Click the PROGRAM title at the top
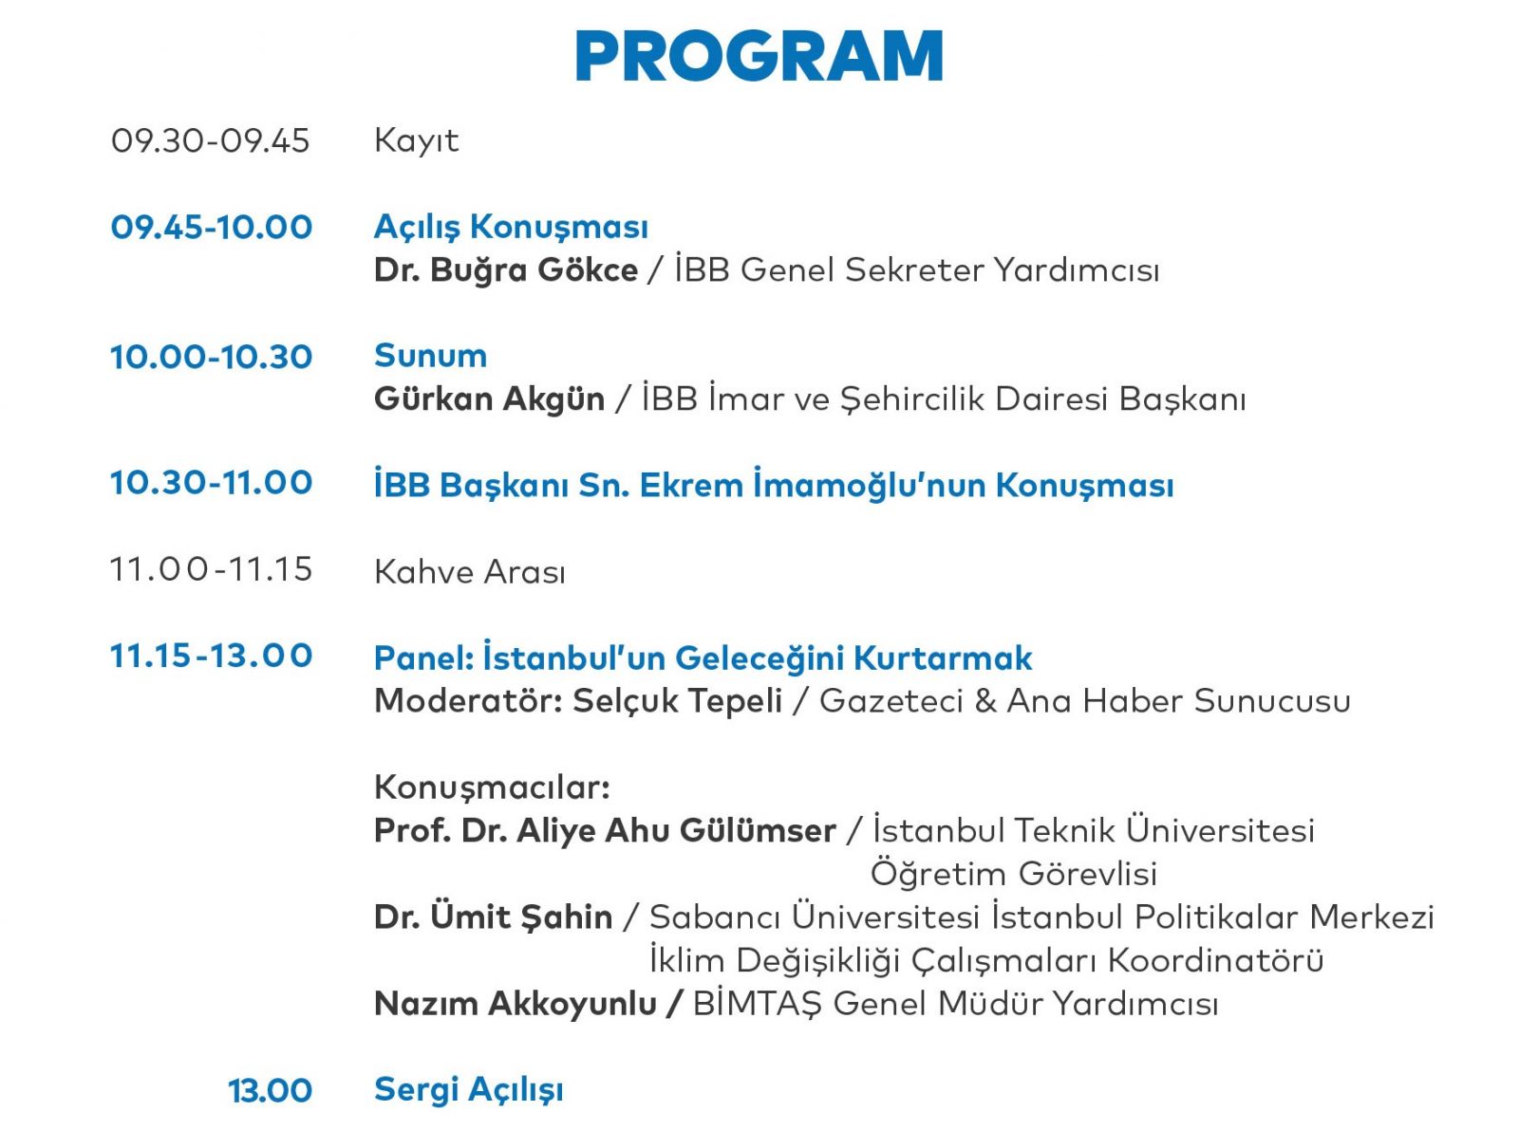click(759, 55)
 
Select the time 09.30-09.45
click(210, 140)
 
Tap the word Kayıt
click(417, 141)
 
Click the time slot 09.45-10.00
click(211, 227)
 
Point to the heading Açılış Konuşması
click(511, 228)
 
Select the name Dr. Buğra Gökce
click(506, 269)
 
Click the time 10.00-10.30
click(211, 357)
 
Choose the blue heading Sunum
click(431, 356)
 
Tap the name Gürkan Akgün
click(490, 399)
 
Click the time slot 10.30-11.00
click(211, 483)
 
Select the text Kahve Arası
click(470, 572)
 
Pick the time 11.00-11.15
click(211, 569)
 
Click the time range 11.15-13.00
click(211, 656)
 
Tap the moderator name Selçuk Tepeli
click(677, 701)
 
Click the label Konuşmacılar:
click(492, 788)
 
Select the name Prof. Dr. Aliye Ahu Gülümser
click(606, 831)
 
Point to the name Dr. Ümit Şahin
click(493, 917)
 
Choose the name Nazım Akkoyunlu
click(516, 1004)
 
